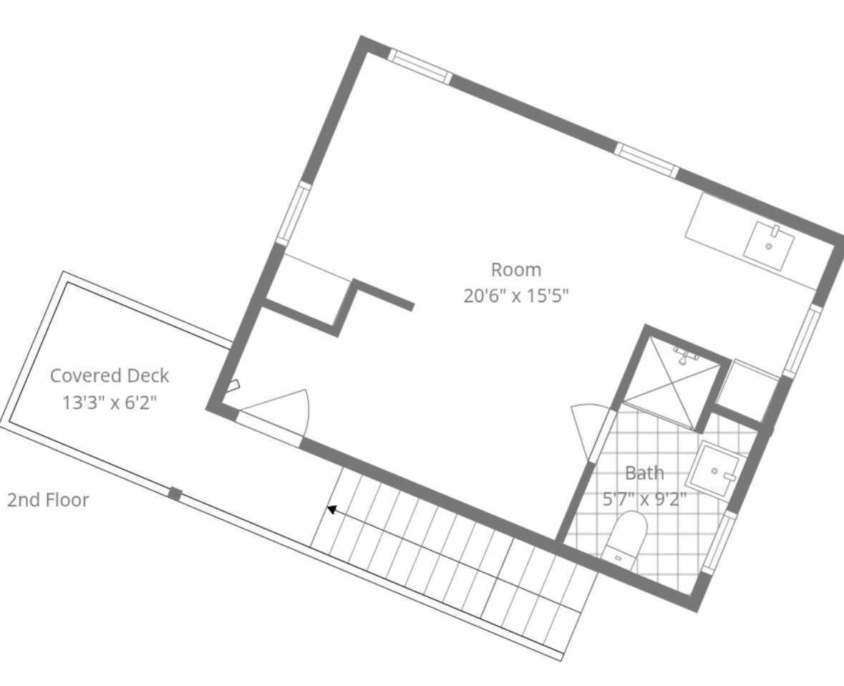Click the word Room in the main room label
pos(515,269)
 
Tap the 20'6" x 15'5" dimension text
pos(515,296)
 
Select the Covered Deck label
pos(110,375)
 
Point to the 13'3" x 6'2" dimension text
pos(110,402)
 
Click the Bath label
pos(644,473)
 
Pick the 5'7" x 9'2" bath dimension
pos(644,499)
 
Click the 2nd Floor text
pos(48,500)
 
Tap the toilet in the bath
pos(625,539)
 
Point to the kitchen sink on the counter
pos(769,246)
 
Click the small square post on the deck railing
pos(175,493)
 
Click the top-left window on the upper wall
pos(420,67)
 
